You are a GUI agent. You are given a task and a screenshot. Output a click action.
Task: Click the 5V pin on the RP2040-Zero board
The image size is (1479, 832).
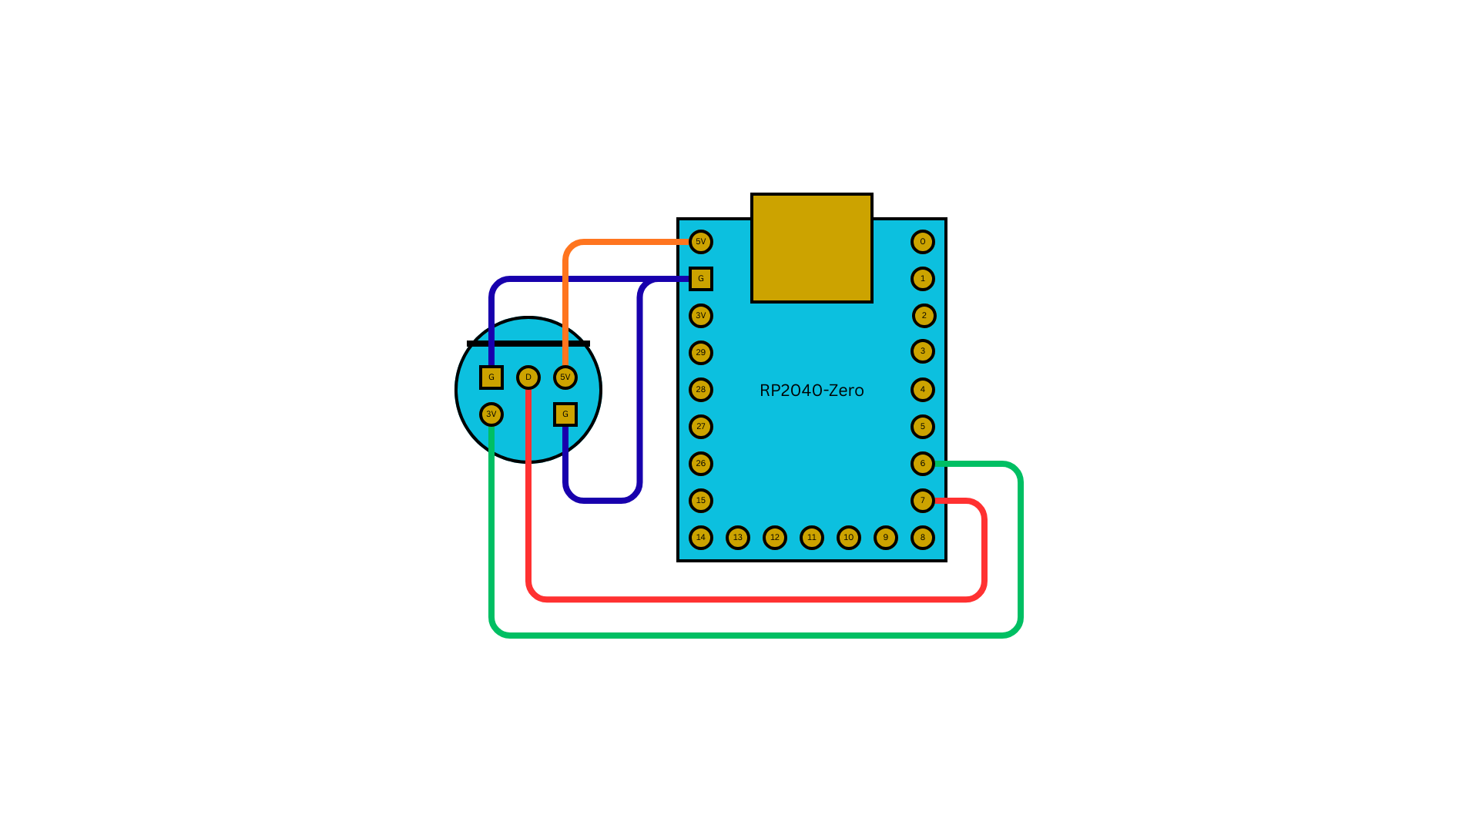pyautogui.click(x=700, y=242)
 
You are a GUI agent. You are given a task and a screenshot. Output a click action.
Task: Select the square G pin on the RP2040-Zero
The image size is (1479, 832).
pyautogui.click(x=700, y=279)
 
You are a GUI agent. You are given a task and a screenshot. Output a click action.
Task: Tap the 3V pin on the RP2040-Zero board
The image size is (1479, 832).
pyautogui.click(x=700, y=316)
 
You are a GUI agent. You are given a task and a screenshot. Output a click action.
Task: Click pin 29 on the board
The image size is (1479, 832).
pyautogui.click(x=700, y=353)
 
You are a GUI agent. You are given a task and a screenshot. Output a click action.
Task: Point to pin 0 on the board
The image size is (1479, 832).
pyautogui.click(x=922, y=242)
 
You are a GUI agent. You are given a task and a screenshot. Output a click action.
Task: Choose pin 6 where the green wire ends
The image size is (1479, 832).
pyautogui.click(x=922, y=464)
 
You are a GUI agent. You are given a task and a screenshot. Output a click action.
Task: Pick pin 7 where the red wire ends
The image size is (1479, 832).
pyautogui.click(x=922, y=501)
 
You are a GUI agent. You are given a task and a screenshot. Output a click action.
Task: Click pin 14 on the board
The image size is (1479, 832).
pyautogui.click(x=700, y=538)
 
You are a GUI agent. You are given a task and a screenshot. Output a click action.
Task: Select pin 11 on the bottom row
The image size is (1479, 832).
pyautogui.click(x=811, y=538)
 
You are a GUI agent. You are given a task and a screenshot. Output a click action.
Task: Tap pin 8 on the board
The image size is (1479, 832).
pyautogui.click(x=922, y=538)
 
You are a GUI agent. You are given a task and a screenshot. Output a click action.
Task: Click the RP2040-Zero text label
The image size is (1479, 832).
pyautogui.click(x=811, y=391)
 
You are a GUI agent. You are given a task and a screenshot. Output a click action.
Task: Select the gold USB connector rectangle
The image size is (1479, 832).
pyautogui.click(x=811, y=248)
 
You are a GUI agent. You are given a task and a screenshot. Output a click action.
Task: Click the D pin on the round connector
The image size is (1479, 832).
pyautogui.click(x=528, y=377)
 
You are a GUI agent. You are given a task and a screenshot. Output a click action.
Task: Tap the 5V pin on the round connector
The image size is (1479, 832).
pyautogui.click(x=565, y=377)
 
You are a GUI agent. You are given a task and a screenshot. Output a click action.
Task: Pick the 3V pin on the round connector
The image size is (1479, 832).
pyautogui.click(x=491, y=414)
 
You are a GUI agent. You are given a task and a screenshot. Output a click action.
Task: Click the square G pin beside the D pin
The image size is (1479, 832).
pyautogui.click(x=491, y=377)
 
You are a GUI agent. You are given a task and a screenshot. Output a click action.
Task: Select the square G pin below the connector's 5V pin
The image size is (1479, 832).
pyautogui.click(x=565, y=414)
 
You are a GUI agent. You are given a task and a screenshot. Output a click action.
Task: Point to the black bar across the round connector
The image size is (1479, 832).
pyautogui.click(x=528, y=344)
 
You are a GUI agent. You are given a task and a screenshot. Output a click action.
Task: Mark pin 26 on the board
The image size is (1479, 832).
pyautogui.click(x=700, y=464)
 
